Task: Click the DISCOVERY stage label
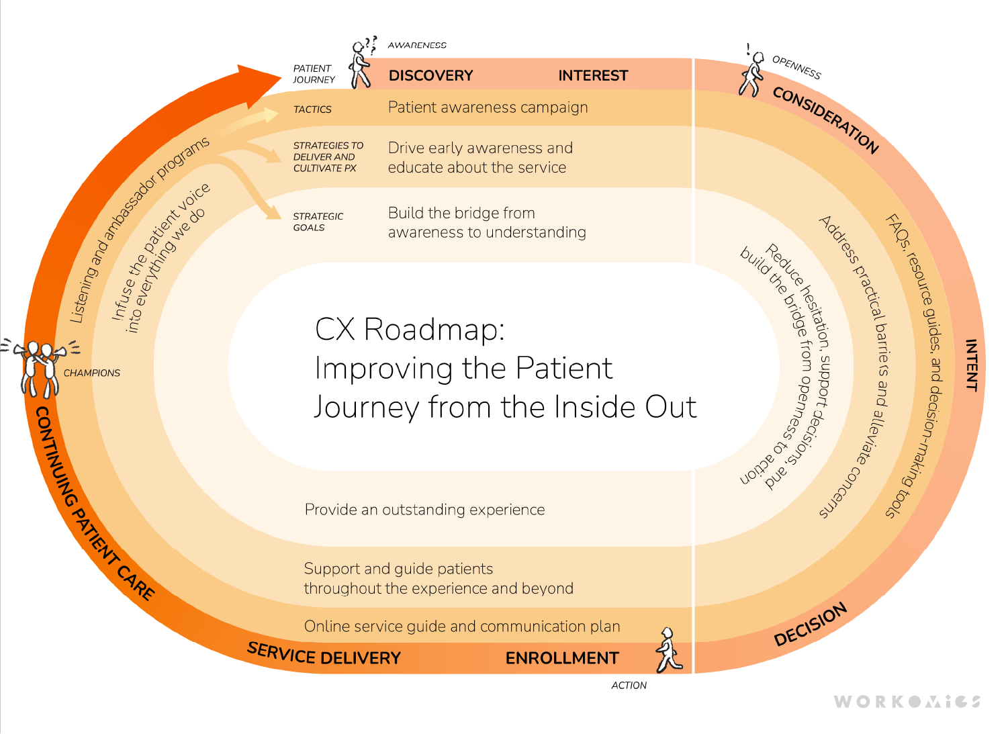click(x=430, y=76)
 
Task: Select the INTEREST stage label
click(x=593, y=76)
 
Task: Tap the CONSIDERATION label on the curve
click(x=825, y=120)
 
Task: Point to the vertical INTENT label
click(x=971, y=365)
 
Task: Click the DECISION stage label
click(x=811, y=625)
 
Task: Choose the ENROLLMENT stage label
click(x=562, y=658)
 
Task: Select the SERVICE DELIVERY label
click(x=324, y=654)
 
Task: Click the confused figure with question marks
click(x=362, y=64)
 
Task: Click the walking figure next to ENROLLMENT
click(x=668, y=650)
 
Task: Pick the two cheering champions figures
click(x=40, y=368)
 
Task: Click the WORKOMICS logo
click(x=907, y=702)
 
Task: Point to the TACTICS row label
click(x=312, y=109)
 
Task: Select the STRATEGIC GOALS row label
click(x=318, y=222)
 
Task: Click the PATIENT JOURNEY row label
click(x=314, y=74)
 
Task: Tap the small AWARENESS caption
click(x=417, y=45)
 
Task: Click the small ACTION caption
click(x=629, y=685)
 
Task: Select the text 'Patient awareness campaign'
click(x=488, y=107)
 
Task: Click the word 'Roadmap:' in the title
click(x=434, y=330)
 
